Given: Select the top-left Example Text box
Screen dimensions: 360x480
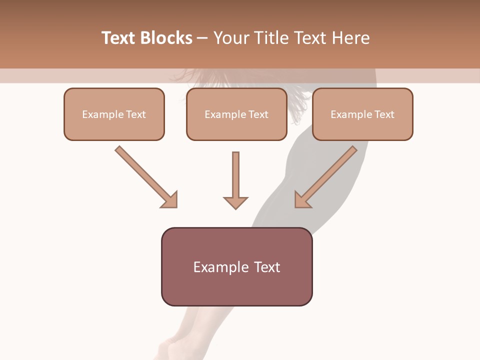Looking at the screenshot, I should point(114,114).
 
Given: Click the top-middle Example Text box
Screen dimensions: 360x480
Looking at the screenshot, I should point(236,114).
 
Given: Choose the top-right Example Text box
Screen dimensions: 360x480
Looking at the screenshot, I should point(362,114).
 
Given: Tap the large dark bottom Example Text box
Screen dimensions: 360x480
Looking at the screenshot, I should point(236,267).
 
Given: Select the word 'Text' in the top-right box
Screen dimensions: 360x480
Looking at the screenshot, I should point(384,114).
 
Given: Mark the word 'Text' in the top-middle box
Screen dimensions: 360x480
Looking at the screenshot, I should point(258,114).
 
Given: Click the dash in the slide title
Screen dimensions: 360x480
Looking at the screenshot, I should point(202,38).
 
